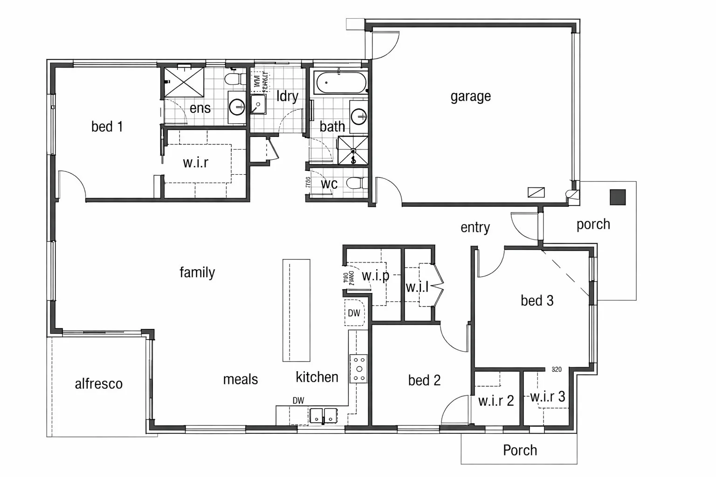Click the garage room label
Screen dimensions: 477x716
click(x=470, y=96)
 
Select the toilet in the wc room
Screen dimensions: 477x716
click(x=356, y=183)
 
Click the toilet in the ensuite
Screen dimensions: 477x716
click(x=235, y=78)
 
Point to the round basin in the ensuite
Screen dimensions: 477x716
click(x=237, y=108)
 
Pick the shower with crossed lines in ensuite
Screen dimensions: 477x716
click(x=184, y=82)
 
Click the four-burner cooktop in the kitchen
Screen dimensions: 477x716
click(x=358, y=368)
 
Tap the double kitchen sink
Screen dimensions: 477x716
click(x=323, y=415)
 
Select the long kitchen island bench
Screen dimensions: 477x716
click(x=296, y=310)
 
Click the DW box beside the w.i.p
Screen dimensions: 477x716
click(x=354, y=313)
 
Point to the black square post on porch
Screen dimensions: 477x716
click(x=618, y=197)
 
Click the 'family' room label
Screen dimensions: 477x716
click(x=197, y=272)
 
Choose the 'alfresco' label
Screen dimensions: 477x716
click(x=99, y=384)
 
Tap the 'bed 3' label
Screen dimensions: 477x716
click(x=537, y=300)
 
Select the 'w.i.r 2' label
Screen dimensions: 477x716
click(x=496, y=401)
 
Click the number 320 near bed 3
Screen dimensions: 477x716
click(x=557, y=369)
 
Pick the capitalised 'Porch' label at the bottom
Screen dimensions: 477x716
click(x=520, y=450)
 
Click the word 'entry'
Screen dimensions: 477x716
click(x=475, y=227)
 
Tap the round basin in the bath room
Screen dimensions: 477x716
click(x=359, y=116)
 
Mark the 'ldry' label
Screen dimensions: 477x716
click(x=287, y=96)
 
